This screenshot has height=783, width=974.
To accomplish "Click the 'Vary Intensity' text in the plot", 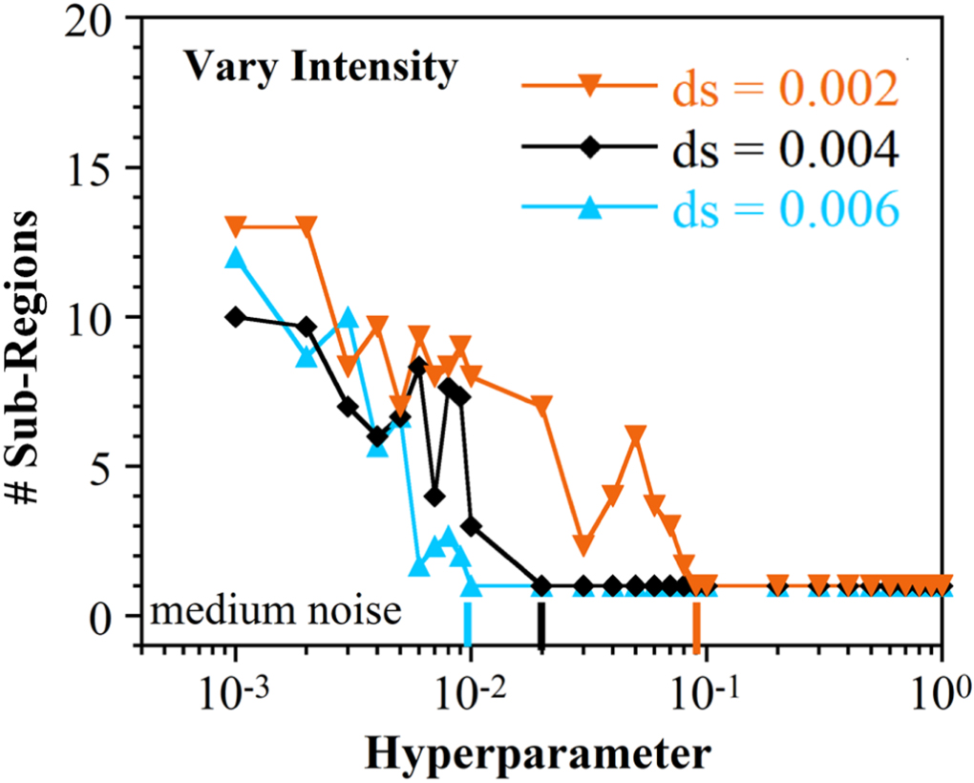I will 320,69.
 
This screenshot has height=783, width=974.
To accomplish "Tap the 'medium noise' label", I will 276,609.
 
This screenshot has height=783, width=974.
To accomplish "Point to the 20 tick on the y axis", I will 92,21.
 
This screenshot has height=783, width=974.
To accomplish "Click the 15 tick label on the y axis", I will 93,169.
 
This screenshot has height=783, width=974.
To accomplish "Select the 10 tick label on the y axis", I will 93,318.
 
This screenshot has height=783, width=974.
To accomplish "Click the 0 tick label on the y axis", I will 104,617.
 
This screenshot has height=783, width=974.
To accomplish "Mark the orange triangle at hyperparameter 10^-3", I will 236,227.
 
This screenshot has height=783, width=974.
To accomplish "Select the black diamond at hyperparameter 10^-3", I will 236,317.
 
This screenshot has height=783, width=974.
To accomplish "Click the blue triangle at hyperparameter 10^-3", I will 236,259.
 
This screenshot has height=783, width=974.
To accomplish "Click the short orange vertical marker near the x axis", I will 697,631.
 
